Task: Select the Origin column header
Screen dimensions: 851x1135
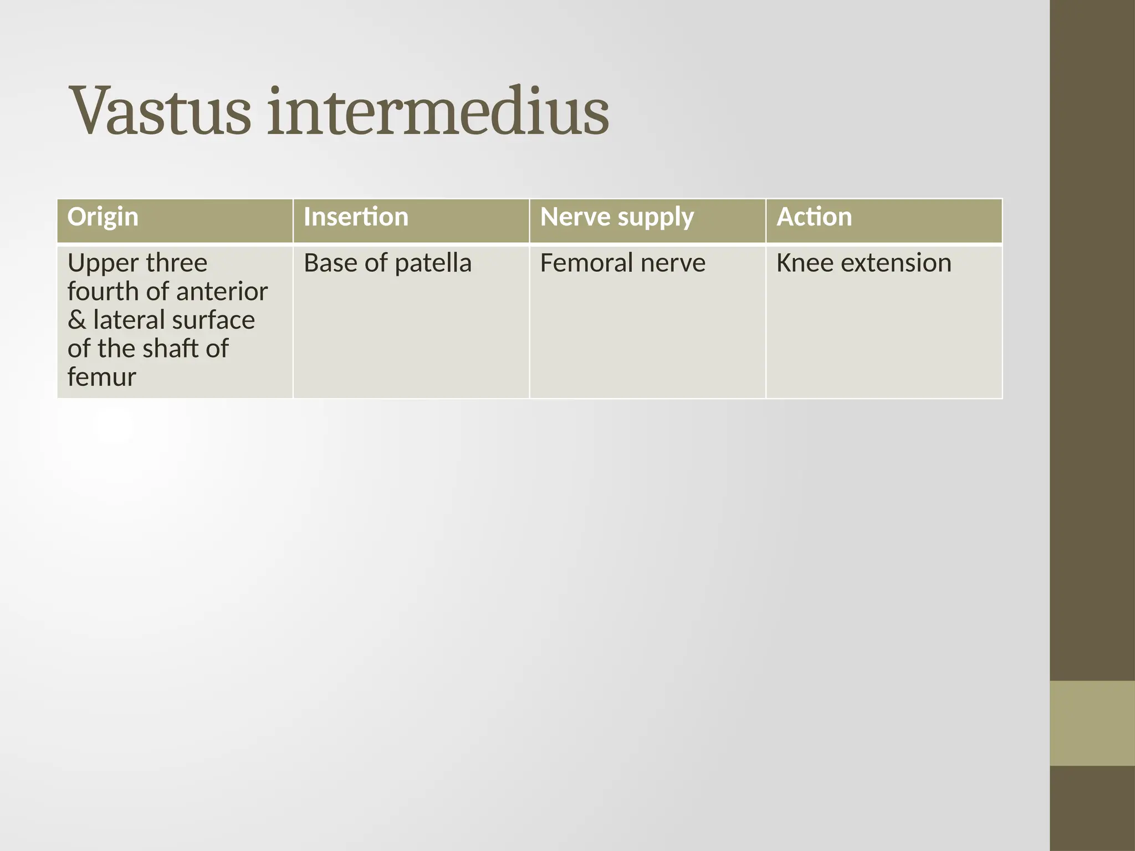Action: (x=103, y=217)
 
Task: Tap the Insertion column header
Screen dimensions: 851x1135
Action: (x=356, y=217)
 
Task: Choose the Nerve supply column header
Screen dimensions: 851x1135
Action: (x=616, y=217)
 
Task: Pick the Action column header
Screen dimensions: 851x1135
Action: (x=814, y=217)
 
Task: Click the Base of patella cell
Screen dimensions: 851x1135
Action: (x=387, y=263)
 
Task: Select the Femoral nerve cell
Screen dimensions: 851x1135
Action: (x=622, y=263)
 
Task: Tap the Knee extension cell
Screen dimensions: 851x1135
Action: (x=863, y=263)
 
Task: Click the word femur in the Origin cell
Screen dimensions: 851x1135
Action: (x=101, y=377)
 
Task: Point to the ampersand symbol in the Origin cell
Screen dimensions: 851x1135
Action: (x=76, y=320)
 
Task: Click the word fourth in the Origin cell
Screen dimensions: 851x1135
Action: (x=101, y=292)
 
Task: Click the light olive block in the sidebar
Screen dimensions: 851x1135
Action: (x=1092, y=723)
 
